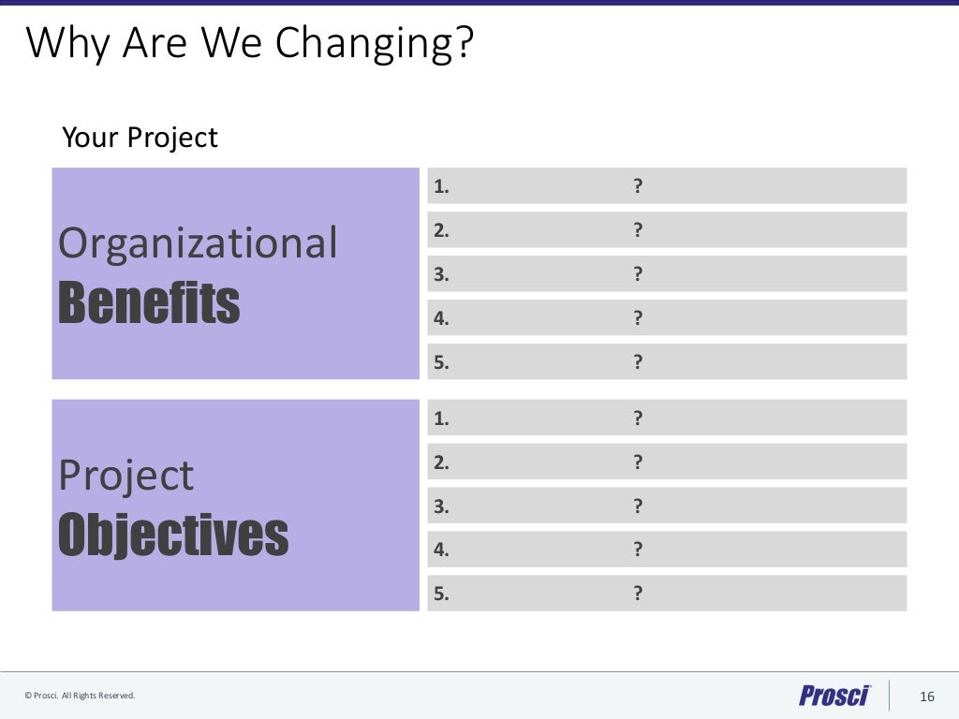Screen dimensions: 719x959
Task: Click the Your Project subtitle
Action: (140, 138)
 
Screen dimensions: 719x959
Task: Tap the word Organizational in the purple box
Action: (198, 243)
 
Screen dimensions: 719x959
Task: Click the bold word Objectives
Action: (173, 534)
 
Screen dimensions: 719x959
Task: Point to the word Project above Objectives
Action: (125, 476)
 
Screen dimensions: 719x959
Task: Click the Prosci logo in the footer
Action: (834, 696)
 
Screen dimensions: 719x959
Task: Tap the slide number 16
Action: (927, 697)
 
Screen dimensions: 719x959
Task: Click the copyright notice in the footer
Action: (80, 696)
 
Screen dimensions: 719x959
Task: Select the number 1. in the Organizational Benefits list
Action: (441, 186)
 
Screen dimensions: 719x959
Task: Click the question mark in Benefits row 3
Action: (638, 274)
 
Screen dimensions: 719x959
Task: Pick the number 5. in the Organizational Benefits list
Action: (441, 362)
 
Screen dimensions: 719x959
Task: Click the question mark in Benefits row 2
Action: (638, 230)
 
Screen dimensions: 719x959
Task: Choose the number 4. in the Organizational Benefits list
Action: (441, 318)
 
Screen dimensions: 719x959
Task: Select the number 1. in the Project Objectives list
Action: (441, 418)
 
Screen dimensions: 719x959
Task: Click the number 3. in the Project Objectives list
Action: (441, 506)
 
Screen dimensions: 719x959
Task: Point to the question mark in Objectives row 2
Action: (638, 462)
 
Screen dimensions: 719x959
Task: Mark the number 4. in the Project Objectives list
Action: (441, 550)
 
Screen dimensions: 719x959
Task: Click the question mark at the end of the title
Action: (464, 45)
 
